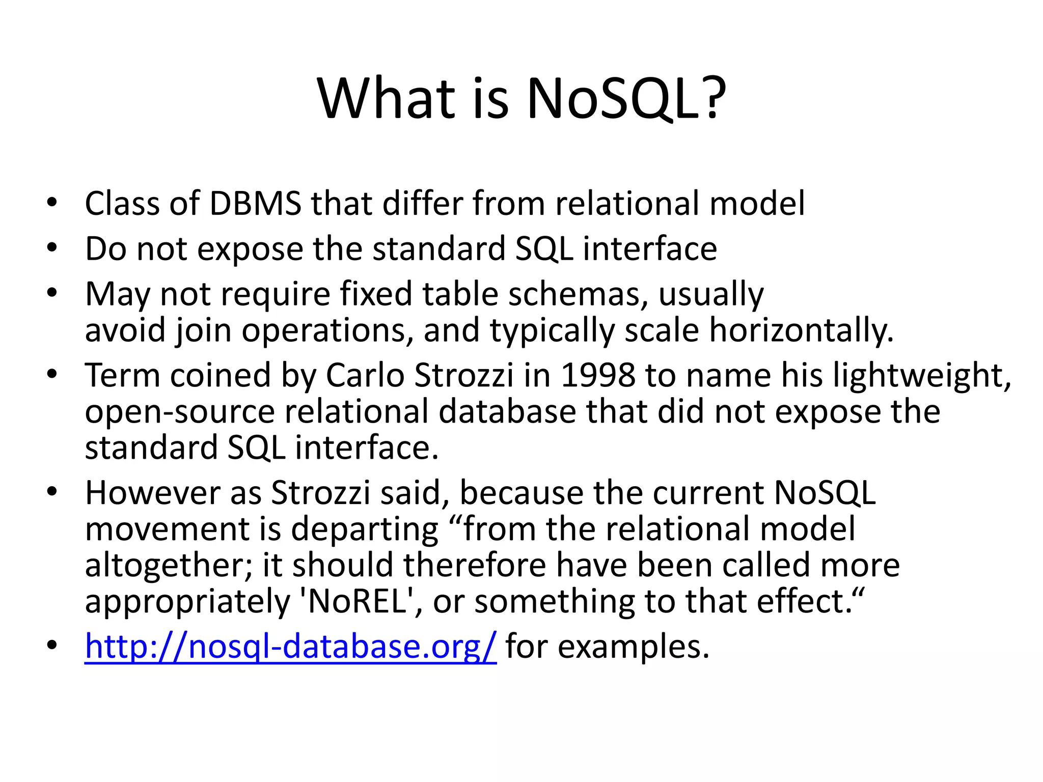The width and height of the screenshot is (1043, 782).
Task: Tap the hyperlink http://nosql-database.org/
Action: (x=290, y=646)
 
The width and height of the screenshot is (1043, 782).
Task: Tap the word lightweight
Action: (x=922, y=375)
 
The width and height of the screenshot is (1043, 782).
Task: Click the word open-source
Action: (x=179, y=411)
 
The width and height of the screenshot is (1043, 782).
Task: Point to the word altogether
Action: (x=168, y=565)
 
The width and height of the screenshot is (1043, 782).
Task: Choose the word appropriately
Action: (x=187, y=601)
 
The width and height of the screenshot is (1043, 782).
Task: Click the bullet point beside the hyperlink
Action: (x=51, y=645)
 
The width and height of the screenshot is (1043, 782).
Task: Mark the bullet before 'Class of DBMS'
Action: (x=51, y=203)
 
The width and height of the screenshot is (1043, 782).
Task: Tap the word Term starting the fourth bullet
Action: (x=122, y=375)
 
